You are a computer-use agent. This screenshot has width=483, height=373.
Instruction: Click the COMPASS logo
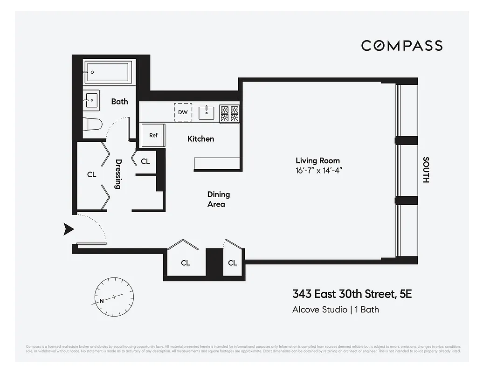402,45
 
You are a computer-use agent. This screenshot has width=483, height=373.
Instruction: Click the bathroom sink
91,100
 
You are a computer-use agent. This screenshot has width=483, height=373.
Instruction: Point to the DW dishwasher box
183,112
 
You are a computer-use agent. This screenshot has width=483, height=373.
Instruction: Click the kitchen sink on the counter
206,112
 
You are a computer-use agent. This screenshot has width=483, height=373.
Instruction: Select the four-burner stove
229,113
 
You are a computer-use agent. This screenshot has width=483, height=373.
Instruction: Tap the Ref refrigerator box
153,135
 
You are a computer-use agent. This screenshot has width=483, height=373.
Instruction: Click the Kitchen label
200,138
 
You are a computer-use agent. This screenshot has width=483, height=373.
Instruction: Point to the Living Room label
317,160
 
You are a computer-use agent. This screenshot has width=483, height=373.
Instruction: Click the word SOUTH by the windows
425,170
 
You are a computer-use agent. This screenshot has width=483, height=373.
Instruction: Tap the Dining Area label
218,199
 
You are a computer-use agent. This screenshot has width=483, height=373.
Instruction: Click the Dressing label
118,174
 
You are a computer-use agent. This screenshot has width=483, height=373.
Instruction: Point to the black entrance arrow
69,228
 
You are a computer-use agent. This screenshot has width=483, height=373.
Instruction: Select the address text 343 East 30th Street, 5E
352,294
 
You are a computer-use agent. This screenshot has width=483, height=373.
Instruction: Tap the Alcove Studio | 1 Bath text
335,309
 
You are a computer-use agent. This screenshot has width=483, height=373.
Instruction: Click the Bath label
119,101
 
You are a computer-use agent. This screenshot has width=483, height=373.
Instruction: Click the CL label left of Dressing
91,174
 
